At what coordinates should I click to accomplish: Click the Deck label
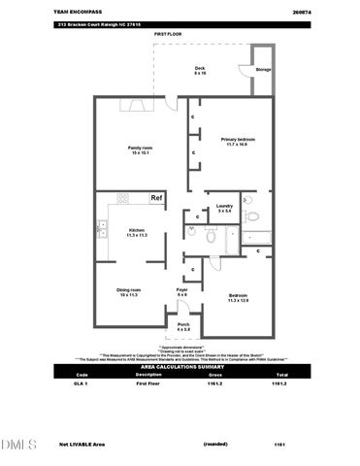(200, 71)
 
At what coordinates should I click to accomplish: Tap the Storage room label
(263, 71)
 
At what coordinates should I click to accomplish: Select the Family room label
(142, 150)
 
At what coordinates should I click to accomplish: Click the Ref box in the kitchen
(155, 198)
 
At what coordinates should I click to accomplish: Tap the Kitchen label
(137, 232)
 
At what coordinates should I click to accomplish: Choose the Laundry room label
(224, 208)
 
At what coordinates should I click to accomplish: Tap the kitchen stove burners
(123, 198)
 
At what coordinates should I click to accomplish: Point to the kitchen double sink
(101, 229)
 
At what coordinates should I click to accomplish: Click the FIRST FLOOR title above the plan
(168, 34)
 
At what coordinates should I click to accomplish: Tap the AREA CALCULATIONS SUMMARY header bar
(180, 367)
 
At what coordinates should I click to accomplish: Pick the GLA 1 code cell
(82, 384)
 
